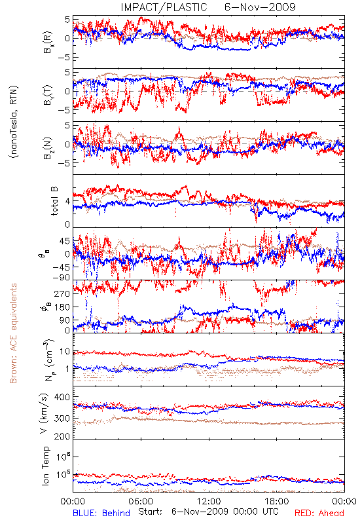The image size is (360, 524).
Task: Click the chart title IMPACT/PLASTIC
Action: coord(164,7)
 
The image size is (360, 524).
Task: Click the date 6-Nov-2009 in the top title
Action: coord(260,7)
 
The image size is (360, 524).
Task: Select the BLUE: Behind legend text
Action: coord(101,513)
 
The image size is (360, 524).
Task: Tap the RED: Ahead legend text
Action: coord(319,513)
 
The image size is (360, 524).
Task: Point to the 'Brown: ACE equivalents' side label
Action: coord(13,333)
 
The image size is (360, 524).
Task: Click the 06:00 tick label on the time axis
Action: coord(141,501)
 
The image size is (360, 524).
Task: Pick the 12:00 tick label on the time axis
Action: coord(209,501)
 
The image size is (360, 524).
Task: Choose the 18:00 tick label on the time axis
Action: coord(277,501)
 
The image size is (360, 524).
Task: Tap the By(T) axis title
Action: coord(48,95)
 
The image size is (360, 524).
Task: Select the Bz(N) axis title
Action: coord(48,148)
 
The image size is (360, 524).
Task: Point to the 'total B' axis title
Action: coord(54,200)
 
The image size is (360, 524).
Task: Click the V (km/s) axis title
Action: coord(44,413)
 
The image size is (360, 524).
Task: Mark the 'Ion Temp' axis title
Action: coord(45,466)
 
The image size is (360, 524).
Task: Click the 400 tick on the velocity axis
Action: coord(62,397)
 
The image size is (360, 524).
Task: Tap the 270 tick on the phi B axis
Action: coord(62,293)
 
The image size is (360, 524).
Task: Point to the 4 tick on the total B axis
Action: coord(67,201)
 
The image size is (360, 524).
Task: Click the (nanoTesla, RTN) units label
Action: coord(14,122)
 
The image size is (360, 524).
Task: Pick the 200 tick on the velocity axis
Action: coord(62,436)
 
